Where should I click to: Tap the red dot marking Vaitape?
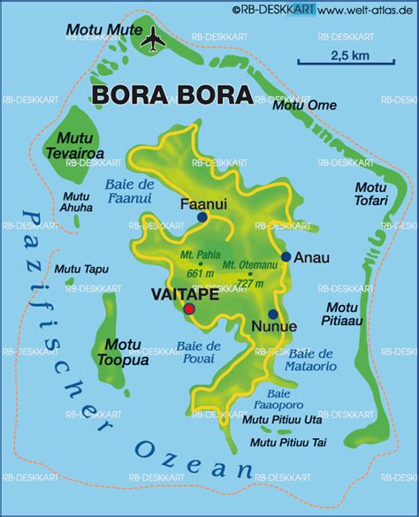pos(189,308)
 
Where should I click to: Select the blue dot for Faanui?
pos(202,217)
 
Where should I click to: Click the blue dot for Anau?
pos(286,257)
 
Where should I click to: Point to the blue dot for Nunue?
pos(273,315)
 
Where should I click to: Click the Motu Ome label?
pos(305,105)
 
